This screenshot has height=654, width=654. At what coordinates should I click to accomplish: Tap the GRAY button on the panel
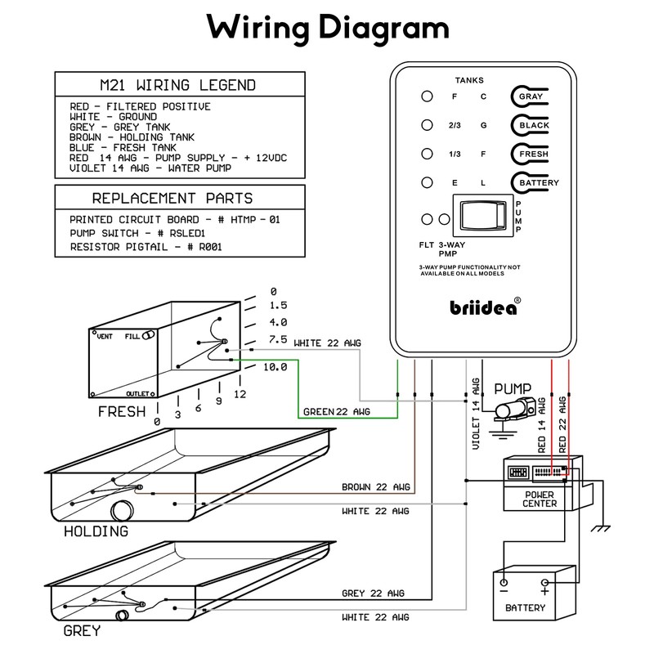point(531,96)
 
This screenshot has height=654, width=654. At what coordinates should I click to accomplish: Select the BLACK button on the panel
point(532,125)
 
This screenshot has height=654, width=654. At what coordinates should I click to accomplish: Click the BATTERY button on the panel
point(536,182)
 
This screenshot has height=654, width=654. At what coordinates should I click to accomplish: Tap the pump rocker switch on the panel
point(483,217)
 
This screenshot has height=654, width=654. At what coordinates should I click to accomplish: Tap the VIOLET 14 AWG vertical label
point(476,414)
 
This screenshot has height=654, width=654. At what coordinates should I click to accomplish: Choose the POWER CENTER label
point(540,499)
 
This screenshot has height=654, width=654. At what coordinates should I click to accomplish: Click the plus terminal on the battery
point(544,585)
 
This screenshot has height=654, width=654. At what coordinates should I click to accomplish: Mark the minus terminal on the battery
point(504,585)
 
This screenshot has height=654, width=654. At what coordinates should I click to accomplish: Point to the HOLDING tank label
point(96,531)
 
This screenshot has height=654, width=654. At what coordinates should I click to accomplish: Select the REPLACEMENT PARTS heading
point(172,198)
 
